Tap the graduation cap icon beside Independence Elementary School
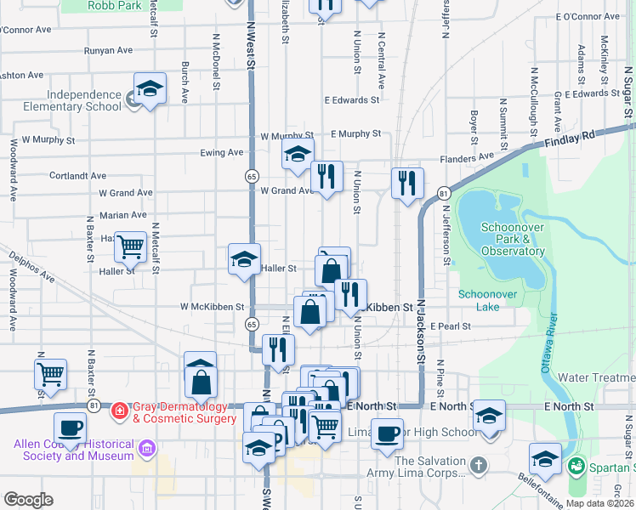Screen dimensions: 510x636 coord(150,90)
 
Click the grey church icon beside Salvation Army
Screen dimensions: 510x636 coord(479,465)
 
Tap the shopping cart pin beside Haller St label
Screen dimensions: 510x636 coord(131,248)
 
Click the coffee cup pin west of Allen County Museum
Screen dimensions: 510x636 coord(70,428)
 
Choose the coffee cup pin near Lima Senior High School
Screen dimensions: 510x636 coord(388,433)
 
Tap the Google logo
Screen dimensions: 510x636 coord(28,500)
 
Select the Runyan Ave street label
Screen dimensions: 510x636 coord(109,51)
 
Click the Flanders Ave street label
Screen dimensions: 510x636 coord(467,158)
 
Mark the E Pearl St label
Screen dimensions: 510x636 coord(450,326)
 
